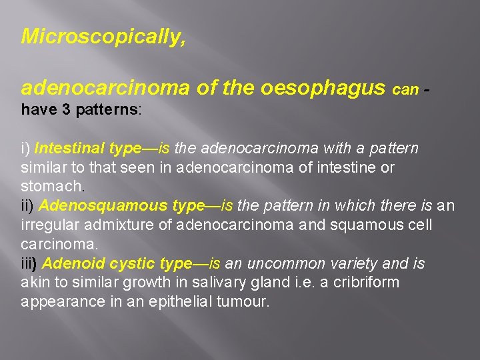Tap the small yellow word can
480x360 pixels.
click(x=406, y=89)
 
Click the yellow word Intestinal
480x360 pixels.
click(x=69, y=148)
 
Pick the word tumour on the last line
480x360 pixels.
click(x=243, y=302)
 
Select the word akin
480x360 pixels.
click(x=34, y=283)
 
